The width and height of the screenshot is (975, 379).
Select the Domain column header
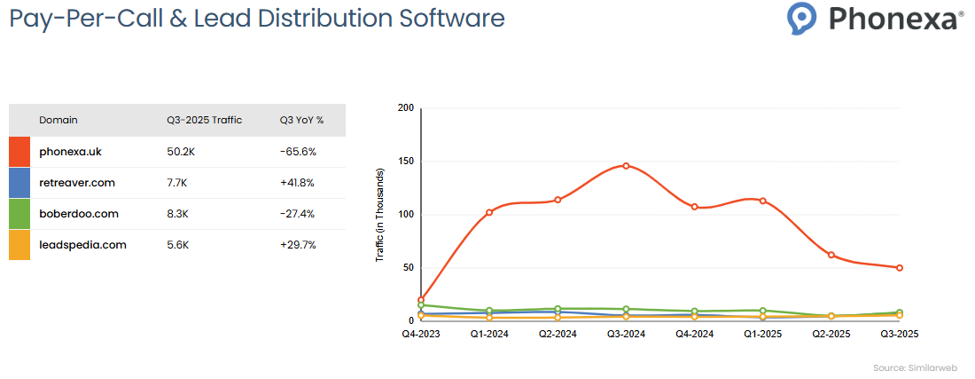58,120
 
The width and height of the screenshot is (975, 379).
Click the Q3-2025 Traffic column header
204,120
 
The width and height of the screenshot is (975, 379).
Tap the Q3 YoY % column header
301,120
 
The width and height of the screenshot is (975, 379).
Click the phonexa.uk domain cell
70,152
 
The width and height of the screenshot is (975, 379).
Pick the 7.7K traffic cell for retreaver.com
179,183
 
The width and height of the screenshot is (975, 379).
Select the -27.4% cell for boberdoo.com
298,214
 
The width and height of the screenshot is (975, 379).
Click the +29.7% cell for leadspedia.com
298,245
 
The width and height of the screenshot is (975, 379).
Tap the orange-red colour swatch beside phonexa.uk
19,152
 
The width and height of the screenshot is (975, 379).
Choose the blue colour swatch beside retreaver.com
19,183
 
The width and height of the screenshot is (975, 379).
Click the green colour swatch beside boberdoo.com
19,214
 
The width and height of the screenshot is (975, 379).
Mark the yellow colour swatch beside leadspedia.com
19,245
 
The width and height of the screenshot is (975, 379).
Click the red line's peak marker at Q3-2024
626,166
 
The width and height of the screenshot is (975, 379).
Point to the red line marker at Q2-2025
831,255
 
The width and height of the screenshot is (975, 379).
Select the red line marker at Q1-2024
489,212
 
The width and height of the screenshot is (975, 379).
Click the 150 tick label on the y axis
406,162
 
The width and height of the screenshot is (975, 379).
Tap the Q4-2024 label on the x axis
694,335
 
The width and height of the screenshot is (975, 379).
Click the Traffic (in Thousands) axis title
380,214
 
